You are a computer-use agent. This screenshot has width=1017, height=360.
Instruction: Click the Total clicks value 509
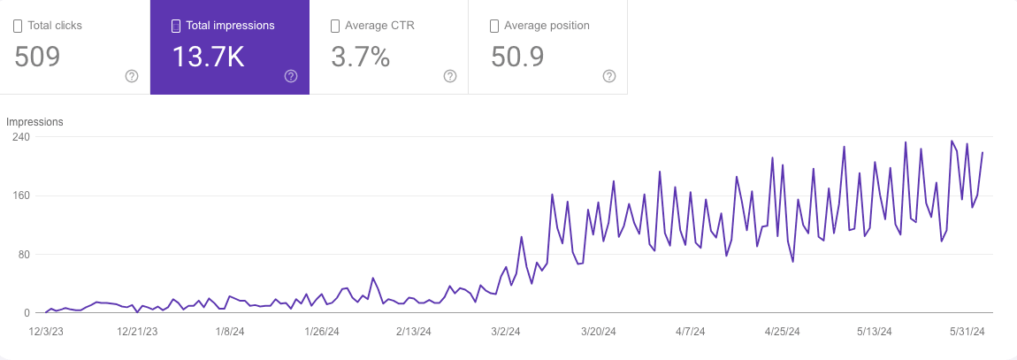(x=37, y=57)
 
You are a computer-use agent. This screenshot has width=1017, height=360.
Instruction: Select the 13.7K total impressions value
(x=208, y=57)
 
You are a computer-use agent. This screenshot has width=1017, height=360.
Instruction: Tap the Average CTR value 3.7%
(x=361, y=57)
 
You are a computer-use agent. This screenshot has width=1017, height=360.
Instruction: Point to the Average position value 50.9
(x=517, y=57)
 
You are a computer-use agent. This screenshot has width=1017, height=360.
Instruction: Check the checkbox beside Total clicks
(x=18, y=26)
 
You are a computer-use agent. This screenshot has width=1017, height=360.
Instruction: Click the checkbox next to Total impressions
(x=176, y=26)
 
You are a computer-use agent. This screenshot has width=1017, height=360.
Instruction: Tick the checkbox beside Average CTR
(x=335, y=26)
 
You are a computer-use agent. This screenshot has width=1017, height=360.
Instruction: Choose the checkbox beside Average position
(x=494, y=26)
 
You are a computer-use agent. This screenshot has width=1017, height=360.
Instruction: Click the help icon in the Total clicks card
(x=132, y=76)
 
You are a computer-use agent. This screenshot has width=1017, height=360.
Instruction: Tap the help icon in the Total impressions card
(x=291, y=76)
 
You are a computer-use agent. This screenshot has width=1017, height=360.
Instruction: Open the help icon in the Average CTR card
(x=450, y=76)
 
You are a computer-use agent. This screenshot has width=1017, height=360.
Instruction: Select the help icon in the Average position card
(x=609, y=76)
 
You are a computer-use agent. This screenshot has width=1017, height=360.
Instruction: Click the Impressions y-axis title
(x=34, y=122)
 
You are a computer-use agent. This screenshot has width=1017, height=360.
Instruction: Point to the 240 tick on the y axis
(x=21, y=137)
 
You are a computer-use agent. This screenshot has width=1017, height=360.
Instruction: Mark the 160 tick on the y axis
(x=21, y=195)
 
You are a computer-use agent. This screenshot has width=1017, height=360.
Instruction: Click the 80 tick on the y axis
(x=24, y=255)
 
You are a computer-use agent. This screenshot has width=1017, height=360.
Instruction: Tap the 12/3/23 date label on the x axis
(x=45, y=332)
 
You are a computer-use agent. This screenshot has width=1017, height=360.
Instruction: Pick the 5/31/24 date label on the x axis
(x=967, y=332)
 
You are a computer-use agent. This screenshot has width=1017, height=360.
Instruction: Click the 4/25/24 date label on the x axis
(x=782, y=332)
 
